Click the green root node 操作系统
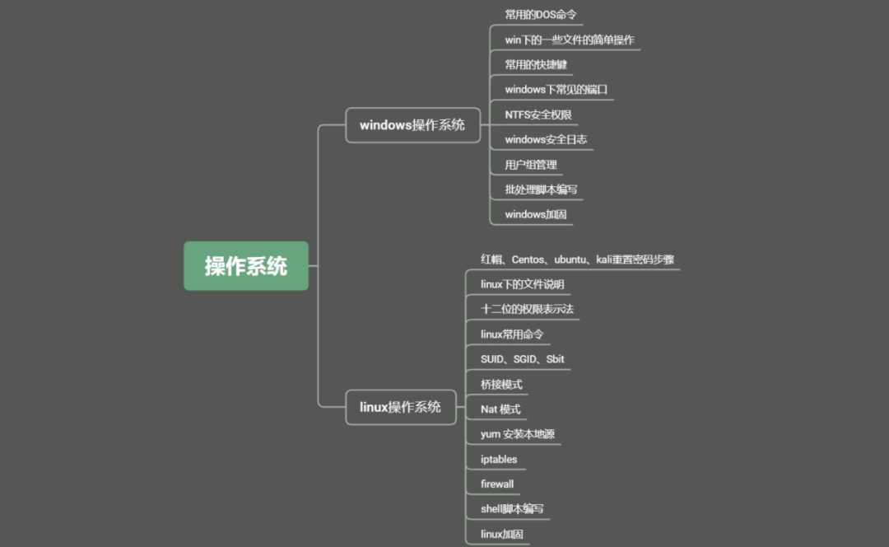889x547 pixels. pyautogui.click(x=246, y=266)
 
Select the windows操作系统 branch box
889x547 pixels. pyautogui.click(x=412, y=125)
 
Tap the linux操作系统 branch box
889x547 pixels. pyautogui.click(x=400, y=407)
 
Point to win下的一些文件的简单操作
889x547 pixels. pyautogui.click(x=569, y=40)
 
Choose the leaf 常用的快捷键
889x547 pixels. pyautogui.click(x=536, y=64)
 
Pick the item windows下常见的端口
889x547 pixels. pyautogui.click(x=556, y=89)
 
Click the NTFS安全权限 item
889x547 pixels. pyautogui.click(x=538, y=115)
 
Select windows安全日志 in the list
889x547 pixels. pyautogui.click(x=546, y=139)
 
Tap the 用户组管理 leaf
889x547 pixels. pyautogui.click(x=531, y=165)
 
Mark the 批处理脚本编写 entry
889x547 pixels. pyautogui.click(x=541, y=189)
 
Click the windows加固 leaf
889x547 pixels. pyautogui.click(x=536, y=214)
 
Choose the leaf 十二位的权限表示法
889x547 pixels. pyautogui.click(x=527, y=309)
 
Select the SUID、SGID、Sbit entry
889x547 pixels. pyautogui.click(x=522, y=359)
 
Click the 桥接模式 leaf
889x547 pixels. pyautogui.click(x=501, y=384)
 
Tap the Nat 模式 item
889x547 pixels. pyautogui.click(x=500, y=409)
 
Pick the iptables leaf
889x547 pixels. pyautogui.click(x=499, y=459)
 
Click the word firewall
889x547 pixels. pyautogui.click(x=497, y=484)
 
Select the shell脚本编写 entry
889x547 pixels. pyautogui.click(x=512, y=509)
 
